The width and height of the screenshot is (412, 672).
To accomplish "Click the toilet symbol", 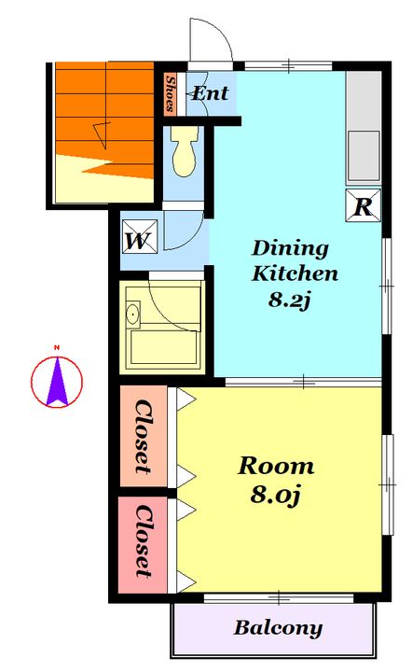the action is coord(185,151).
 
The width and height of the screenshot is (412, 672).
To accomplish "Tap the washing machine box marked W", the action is coord(140,236).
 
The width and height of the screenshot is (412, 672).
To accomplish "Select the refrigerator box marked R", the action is coord(363,205).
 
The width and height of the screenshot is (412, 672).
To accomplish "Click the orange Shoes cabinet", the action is coord(170,93).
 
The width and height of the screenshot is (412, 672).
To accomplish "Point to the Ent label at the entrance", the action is coord(210,93).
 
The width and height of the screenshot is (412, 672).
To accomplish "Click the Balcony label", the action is coord(278,628).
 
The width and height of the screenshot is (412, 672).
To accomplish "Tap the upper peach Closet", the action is coord(144,436).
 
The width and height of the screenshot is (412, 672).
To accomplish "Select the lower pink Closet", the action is coord(143,544).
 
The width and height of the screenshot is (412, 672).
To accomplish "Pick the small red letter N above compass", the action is coord(57,347).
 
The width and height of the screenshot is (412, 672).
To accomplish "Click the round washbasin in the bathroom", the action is coord(133,315).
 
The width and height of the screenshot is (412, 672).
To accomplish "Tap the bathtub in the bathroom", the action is coord(164,346).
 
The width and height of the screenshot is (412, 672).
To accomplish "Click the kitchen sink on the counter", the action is coord(364,156).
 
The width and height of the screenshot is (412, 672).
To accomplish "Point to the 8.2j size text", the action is coord(289,300).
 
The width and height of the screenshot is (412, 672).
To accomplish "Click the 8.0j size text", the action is coord(276,495).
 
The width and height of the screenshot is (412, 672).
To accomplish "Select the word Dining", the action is coord(290,248).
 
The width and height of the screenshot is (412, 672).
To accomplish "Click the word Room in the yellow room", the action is coord(276,467).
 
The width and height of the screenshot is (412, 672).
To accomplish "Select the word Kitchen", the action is coord(295,273).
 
